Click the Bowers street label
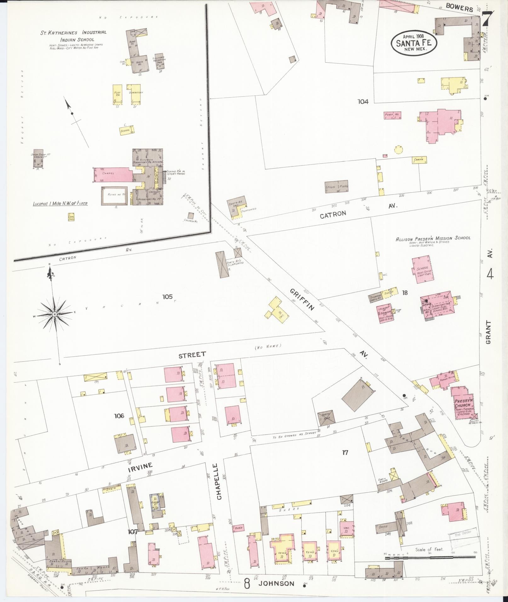point(459,8)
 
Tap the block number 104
point(363,102)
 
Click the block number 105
point(168,296)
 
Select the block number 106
point(119,416)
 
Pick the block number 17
point(345,453)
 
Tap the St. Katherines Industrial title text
point(73,32)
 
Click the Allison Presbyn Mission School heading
point(433,238)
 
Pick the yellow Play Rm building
point(117,94)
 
